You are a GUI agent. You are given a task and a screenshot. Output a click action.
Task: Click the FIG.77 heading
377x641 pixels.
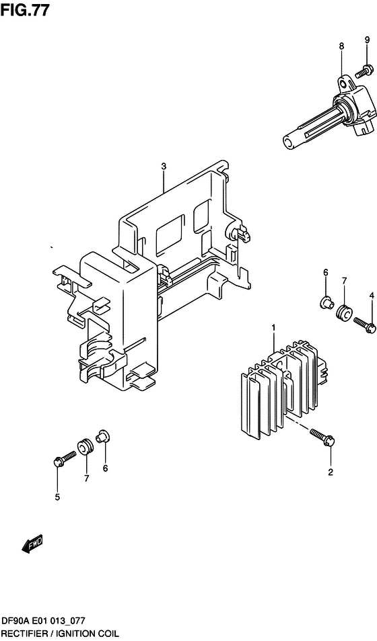coord(25,11)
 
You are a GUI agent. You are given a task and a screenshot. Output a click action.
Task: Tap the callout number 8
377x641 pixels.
coord(341,46)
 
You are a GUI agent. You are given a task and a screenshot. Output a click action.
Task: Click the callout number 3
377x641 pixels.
coord(164,167)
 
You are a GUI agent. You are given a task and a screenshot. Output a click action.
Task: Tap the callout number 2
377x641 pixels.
coord(331,473)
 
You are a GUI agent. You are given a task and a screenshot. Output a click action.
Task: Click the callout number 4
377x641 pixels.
coord(371,295)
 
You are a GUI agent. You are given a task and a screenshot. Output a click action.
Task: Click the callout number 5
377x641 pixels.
coord(57,497)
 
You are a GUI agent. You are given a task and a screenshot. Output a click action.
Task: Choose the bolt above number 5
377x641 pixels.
coord(65,458)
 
